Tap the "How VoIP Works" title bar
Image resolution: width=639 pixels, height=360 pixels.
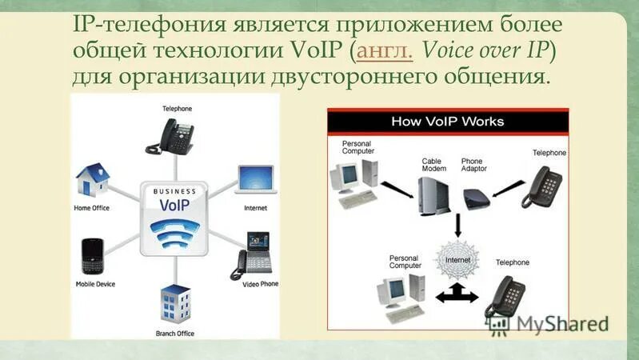[x=447, y=122]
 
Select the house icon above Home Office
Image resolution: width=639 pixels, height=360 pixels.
[x=92, y=182]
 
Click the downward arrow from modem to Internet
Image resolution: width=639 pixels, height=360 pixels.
[x=457, y=223]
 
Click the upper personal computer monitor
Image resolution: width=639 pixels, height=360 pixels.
[x=347, y=176]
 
